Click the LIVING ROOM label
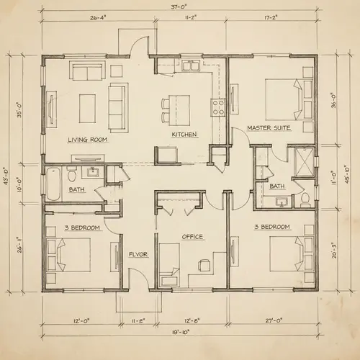(x=88, y=140)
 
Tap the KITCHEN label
(x=184, y=135)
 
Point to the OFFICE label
(x=192, y=236)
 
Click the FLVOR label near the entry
(x=138, y=254)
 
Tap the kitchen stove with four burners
(x=218, y=108)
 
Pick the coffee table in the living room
(x=89, y=102)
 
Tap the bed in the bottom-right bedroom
(x=282, y=256)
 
